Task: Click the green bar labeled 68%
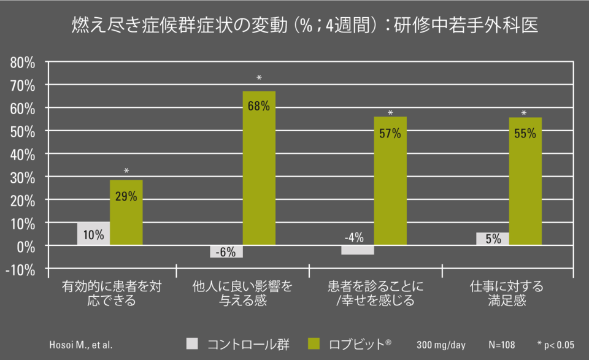click(259, 168)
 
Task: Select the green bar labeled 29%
click(126, 212)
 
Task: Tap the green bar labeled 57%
click(390, 181)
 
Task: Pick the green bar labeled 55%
click(525, 182)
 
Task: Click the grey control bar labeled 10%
click(93, 234)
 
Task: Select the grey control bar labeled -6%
click(226, 251)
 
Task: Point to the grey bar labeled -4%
click(358, 250)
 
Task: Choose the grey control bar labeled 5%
click(492, 239)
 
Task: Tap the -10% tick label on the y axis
click(22, 269)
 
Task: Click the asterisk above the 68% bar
click(259, 79)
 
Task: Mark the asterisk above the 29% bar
click(126, 171)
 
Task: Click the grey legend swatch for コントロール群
click(193, 343)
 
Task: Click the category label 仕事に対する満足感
click(507, 294)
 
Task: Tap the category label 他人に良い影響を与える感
click(242, 294)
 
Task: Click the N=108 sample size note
click(502, 343)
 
